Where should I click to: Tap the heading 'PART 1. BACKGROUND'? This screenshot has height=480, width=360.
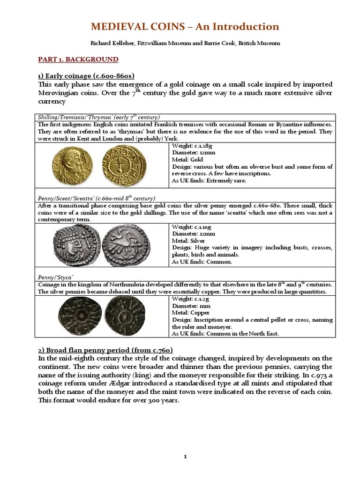(78, 60)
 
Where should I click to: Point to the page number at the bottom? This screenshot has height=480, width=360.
(185, 443)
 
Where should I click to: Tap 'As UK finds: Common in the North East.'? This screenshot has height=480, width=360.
(225, 334)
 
